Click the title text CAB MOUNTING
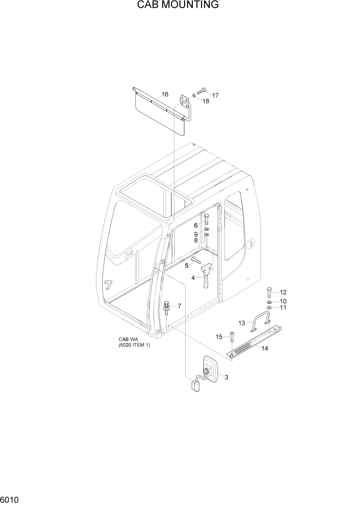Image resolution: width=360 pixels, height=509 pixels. [x=178, y=5]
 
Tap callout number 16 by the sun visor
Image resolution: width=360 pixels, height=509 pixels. [x=165, y=94]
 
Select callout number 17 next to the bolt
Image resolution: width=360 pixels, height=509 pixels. [x=215, y=95]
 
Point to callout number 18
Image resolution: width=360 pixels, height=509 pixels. [x=206, y=102]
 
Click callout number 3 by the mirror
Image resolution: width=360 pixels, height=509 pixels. [x=226, y=378]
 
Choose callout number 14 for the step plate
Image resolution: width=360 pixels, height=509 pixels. [x=265, y=349]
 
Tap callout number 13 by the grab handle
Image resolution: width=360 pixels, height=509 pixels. [x=242, y=323]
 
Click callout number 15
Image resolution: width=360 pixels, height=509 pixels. [x=219, y=337]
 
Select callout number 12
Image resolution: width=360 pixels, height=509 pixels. [x=283, y=292]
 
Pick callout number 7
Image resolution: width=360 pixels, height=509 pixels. [x=179, y=306]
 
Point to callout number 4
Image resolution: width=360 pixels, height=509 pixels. [x=193, y=278]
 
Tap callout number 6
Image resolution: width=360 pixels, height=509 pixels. [x=195, y=226]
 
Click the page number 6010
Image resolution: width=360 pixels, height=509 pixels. [x=10, y=499]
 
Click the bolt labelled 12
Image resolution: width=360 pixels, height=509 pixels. [x=269, y=292]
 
